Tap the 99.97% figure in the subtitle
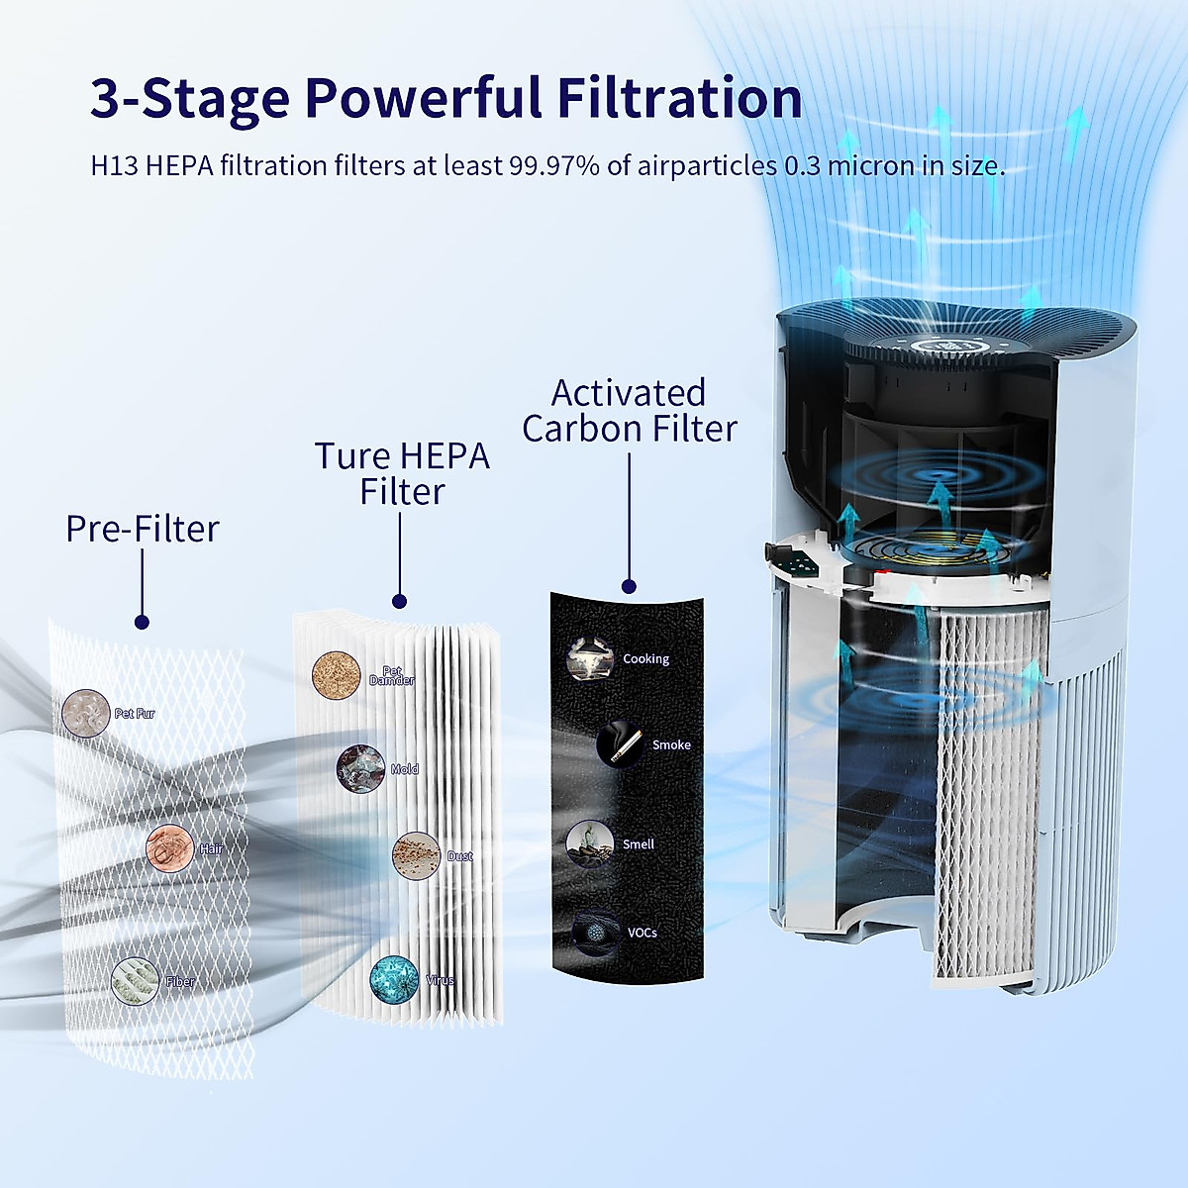pos(553,165)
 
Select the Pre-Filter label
pos(142,529)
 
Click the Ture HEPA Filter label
pos(401,473)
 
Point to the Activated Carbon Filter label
pos(629,411)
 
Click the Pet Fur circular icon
pos(86,714)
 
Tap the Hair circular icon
pos(170,848)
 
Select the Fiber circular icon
pos(136,981)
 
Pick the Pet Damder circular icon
pos(336,676)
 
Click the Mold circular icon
pos(360,768)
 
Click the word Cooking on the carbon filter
pos(645,658)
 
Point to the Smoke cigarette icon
pos(621,744)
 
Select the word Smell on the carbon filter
pos(639,844)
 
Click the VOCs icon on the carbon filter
pos(594,933)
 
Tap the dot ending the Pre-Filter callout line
pos(142,622)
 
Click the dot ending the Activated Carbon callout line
pos(629,586)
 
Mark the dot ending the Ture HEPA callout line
pos(400,601)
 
